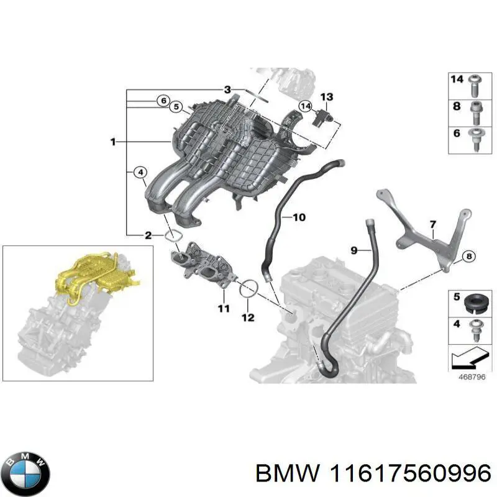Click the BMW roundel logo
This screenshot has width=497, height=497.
tap(25, 472)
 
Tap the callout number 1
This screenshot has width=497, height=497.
tap(113, 142)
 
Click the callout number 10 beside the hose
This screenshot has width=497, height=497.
tap(298, 217)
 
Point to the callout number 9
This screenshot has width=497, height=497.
tap(355, 250)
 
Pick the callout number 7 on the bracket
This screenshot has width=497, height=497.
tap(432, 224)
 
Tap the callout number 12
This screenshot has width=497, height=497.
tap(248, 317)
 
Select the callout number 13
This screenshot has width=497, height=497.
tap(327, 96)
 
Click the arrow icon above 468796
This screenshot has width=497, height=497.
tap(467, 358)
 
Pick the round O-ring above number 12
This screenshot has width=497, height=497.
tap(248, 288)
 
